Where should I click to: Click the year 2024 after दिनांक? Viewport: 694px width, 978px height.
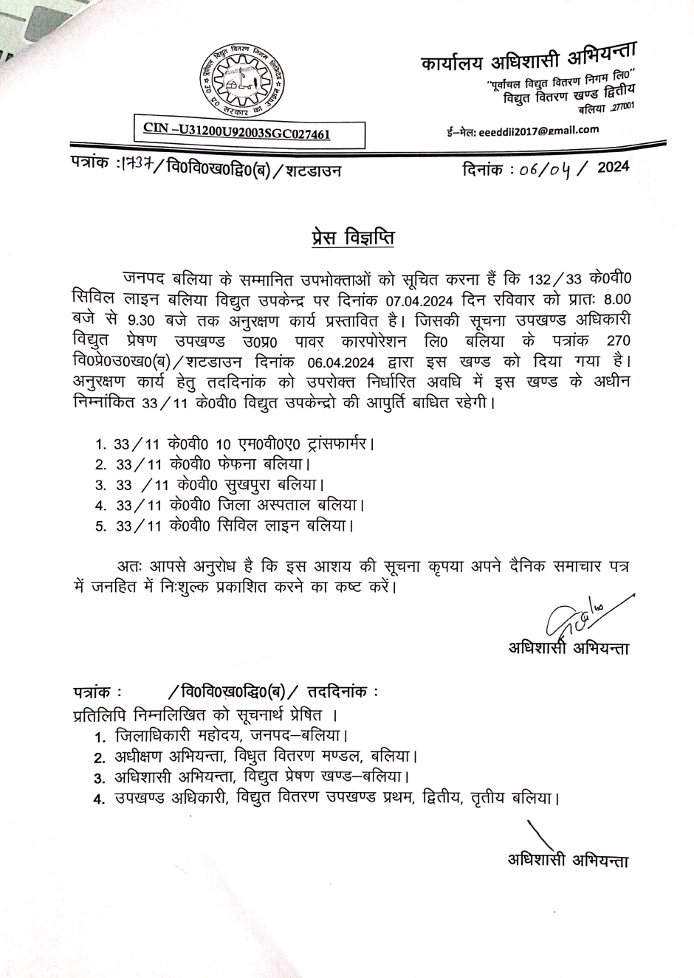(613, 168)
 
